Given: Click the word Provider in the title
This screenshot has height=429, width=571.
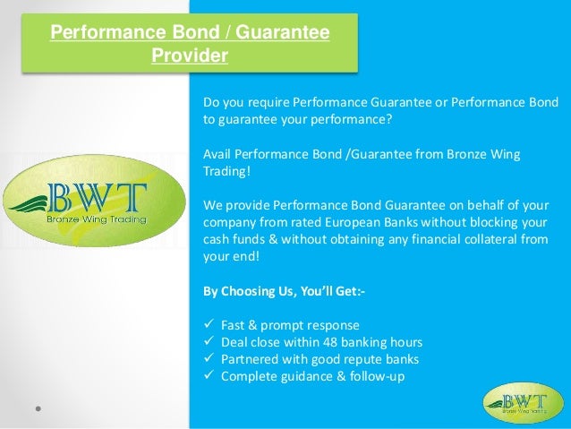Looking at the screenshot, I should pyautogui.click(x=189, y=56).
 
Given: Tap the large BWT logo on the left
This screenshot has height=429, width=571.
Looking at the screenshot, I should pyautogui.click(x=83, y=205).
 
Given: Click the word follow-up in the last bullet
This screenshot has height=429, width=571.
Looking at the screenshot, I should pyautogui.click(x=379, y=377).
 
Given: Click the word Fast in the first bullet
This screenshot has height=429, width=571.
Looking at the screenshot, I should pyautogui.click(x=233, y=326).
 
